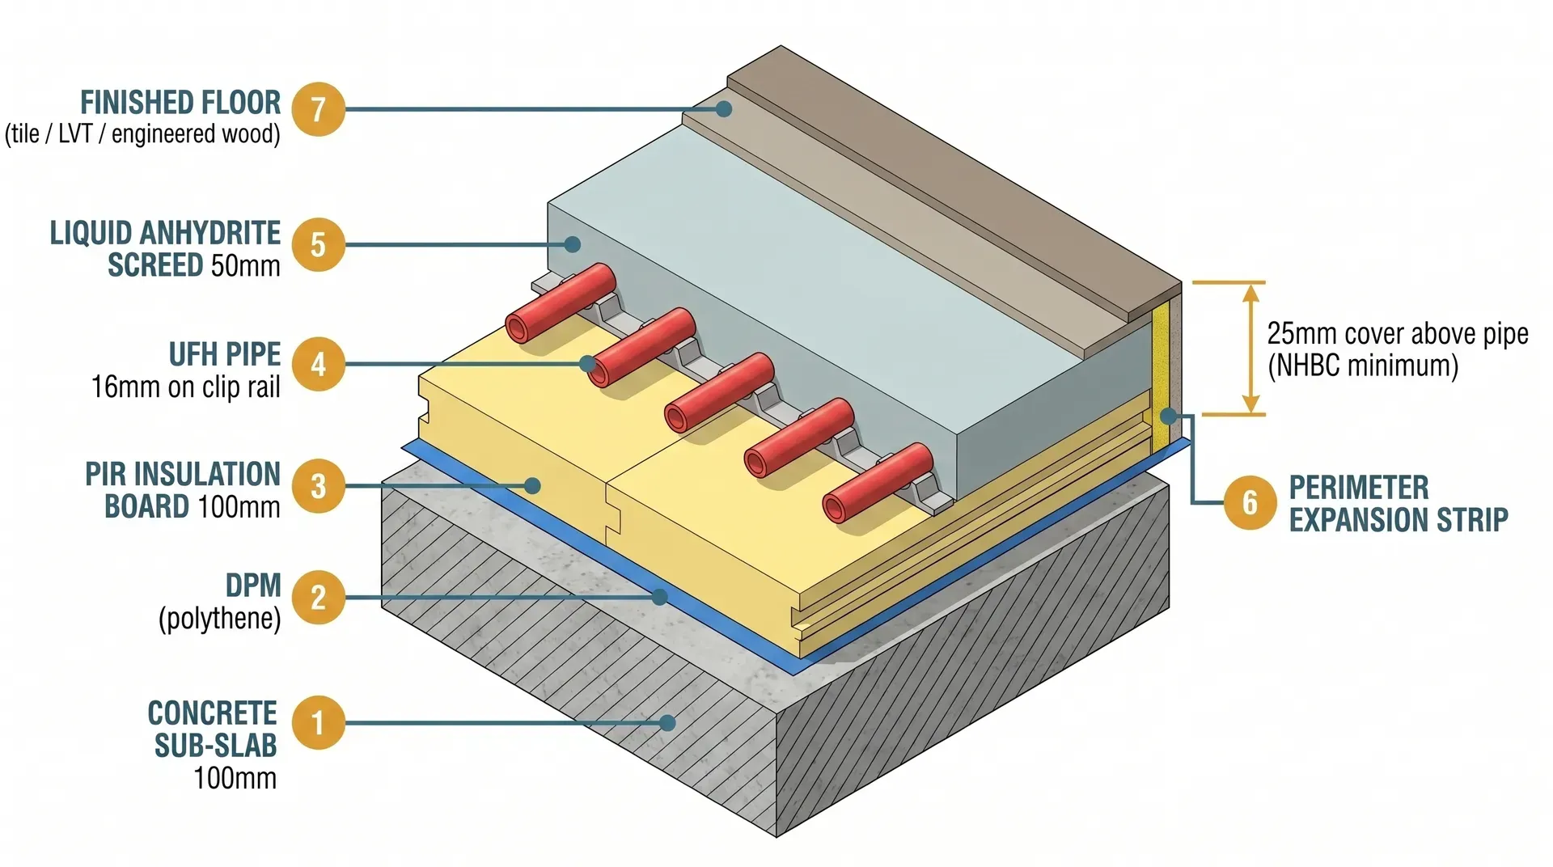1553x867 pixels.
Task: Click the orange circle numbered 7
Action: click(318, 109)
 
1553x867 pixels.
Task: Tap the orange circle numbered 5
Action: click(318, 244)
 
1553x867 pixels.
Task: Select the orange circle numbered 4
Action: click(318, 364)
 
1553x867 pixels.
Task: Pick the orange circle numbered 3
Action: click(318, 486)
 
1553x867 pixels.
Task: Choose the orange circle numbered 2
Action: click(318, 598)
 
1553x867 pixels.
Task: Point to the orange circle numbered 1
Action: click(318, 722)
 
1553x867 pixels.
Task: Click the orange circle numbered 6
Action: click(1250, 502)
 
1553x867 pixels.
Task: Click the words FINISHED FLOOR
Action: click(180, 103)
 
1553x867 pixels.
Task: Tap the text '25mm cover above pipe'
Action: click(1397, 333)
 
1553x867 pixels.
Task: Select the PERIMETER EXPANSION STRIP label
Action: click(1398, 503)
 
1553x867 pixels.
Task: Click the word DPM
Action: click(253, 585)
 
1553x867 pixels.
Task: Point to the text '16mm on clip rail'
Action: click(185, 387)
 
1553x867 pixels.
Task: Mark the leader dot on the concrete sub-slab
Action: click(667, 722)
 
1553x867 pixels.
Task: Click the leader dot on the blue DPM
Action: click(660, 597)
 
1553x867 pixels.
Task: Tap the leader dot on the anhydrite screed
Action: click(573, 243)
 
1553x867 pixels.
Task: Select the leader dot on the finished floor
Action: click(725, 108)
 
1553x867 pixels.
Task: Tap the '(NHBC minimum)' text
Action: click(1363, 366)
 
